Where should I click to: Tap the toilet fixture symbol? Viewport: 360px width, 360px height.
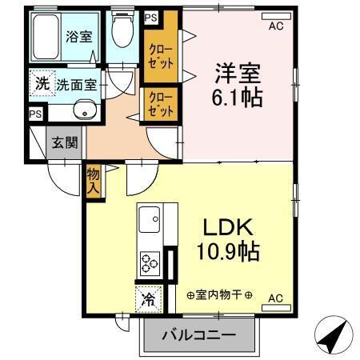122,32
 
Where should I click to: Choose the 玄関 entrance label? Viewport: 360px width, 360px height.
65,143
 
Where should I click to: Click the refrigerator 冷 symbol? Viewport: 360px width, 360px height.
148,299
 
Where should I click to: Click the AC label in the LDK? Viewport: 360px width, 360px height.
276,298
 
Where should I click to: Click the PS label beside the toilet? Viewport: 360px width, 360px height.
150,16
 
